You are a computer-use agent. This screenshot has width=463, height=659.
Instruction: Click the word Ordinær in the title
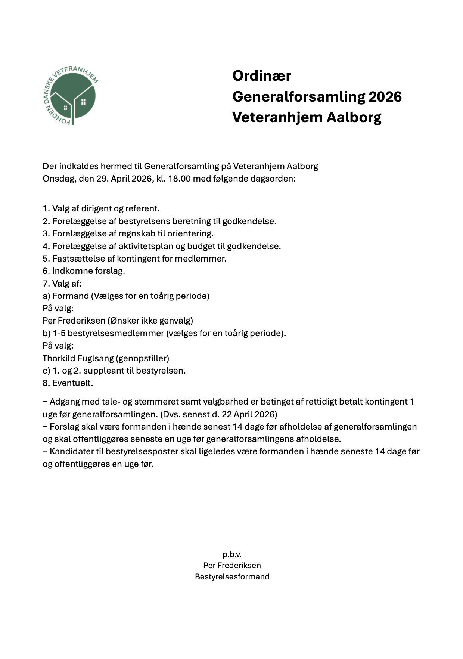pyautogui.click(x=261, y=76)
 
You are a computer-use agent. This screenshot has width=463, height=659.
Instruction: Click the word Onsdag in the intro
pyautogui.click(x=58, y=179)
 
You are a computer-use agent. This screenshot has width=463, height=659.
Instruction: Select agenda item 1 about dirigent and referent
pyautogui.click(x=101, y=208)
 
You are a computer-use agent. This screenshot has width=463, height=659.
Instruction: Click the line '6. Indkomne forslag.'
pyautogui.click(x=84, y=271)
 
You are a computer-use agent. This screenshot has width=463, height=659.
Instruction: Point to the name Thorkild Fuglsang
pyautogui.click(x=78, y=358)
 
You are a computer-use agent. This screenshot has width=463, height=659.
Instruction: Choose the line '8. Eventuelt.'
pyautogui.click(x=68, y=383)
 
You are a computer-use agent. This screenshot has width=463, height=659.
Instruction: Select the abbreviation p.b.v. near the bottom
pyautogui.click(x=232, y=554)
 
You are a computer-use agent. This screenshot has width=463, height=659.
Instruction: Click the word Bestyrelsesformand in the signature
pyautogui.click(x=232, y=576)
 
